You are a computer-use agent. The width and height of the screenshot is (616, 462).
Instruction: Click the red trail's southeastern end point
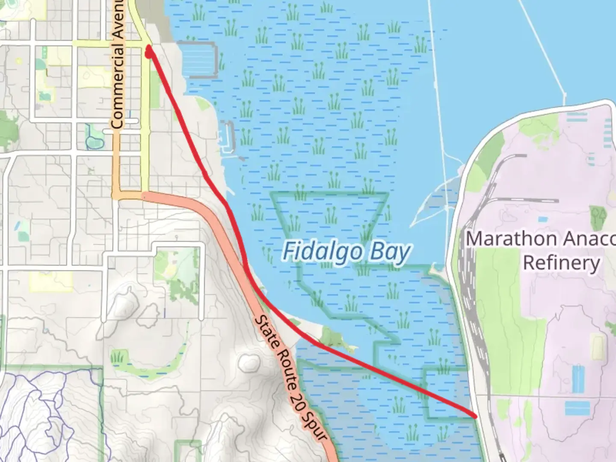click(475, 415)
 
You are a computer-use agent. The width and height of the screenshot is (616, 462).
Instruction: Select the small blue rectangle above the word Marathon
click(542, 219)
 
